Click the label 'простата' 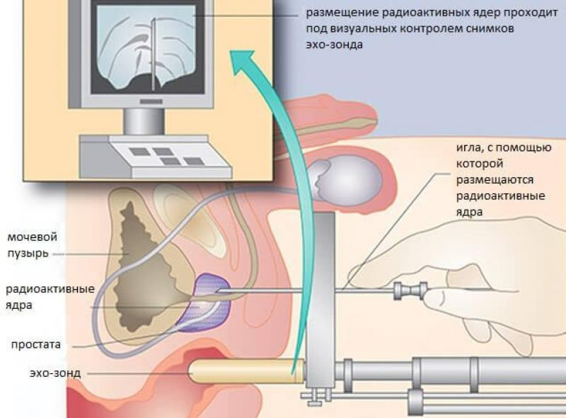[x=36, y=344]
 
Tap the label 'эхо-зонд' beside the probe [x=55, y=373]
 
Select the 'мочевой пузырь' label [x=32, y=245]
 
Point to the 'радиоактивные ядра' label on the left [x=50, y=297]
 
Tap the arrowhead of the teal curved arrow [x=246, y=62]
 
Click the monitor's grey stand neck [x=144, y=121]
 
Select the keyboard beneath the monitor [x=156, y=157]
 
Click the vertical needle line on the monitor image [x=153, y=54]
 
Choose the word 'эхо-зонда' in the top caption [x=334, y=45]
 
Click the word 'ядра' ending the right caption [x=469, y=213]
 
